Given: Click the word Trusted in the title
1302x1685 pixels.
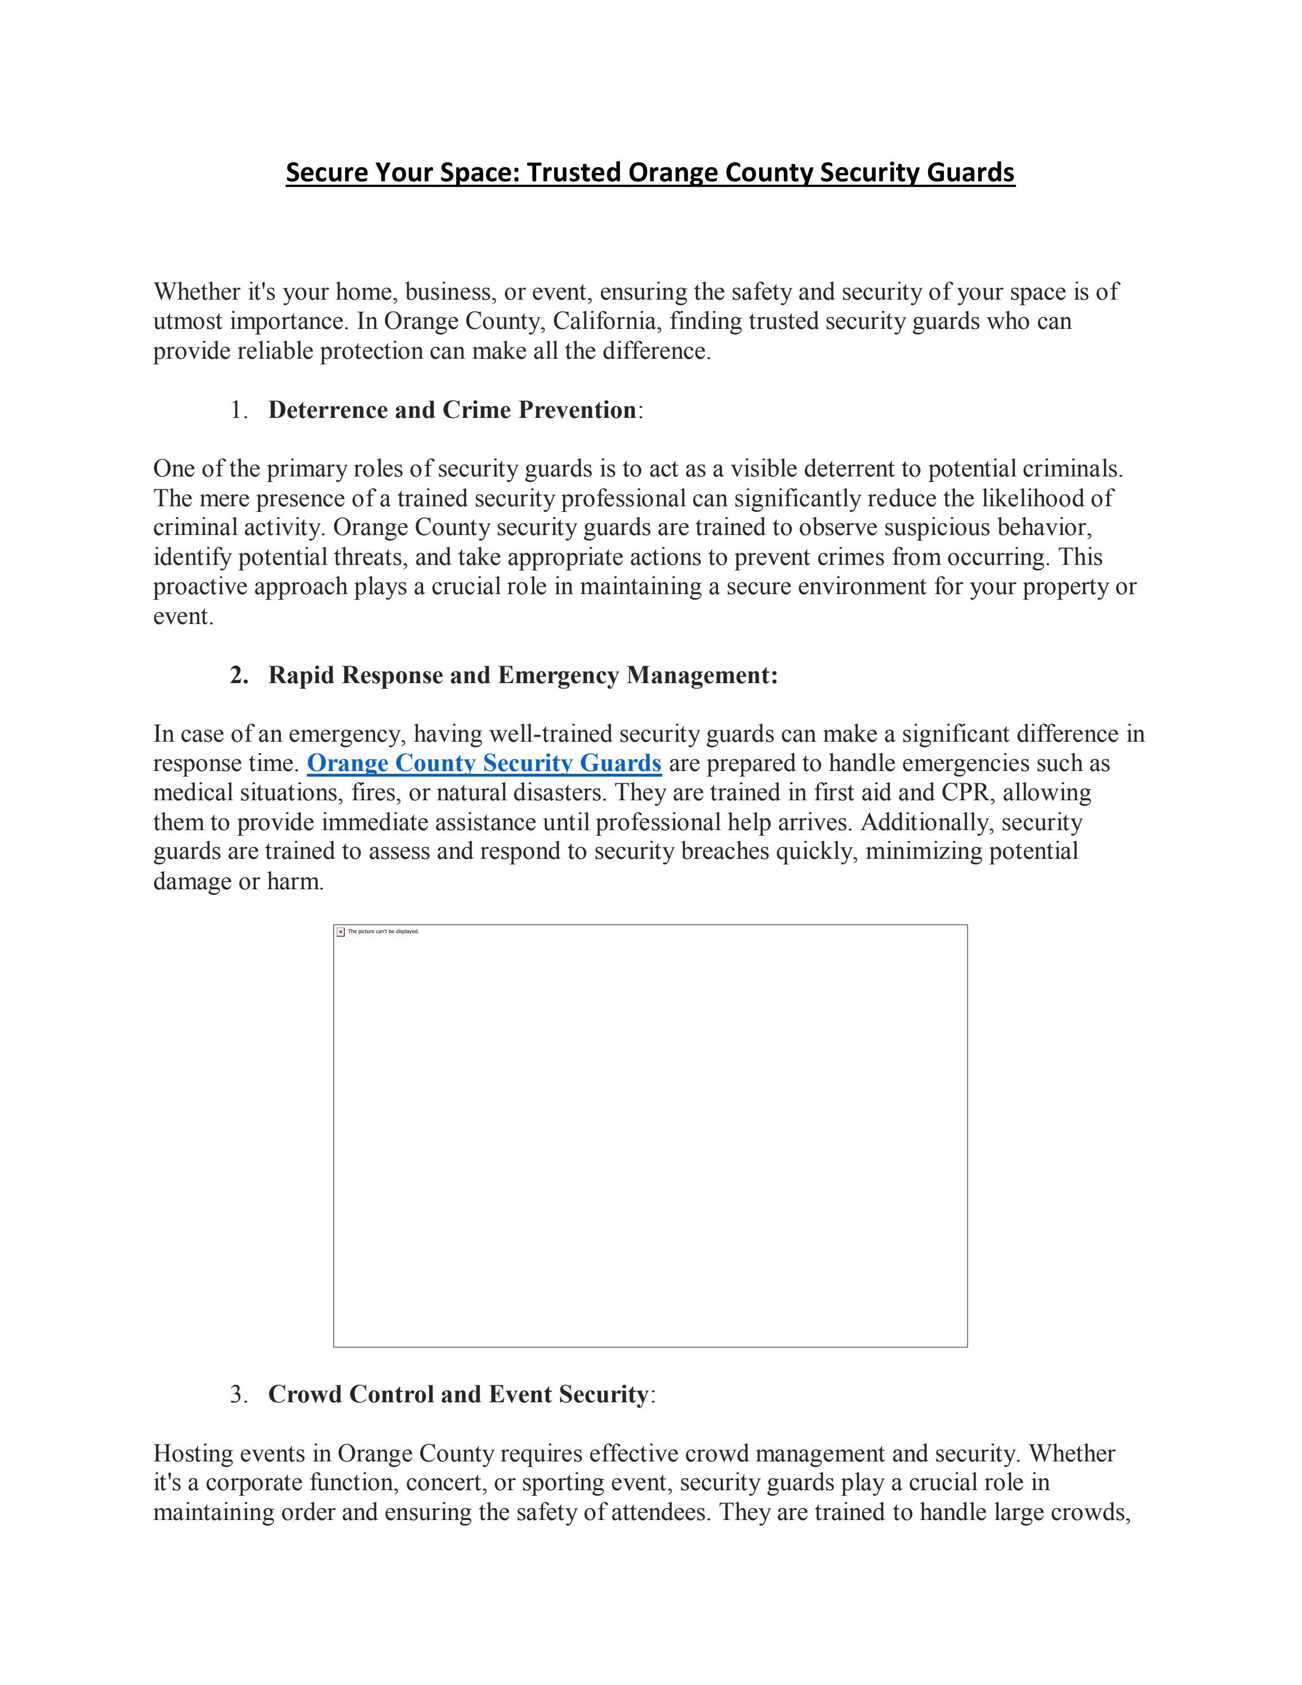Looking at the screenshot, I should pos(574,172).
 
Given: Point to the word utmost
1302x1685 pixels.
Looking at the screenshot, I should pos(188,321).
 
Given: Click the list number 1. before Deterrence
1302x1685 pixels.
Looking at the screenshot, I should pos(239,411).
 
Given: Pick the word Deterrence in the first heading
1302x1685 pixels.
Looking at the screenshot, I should pos(328,411).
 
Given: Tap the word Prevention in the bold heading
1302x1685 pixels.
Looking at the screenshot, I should pos(577,411).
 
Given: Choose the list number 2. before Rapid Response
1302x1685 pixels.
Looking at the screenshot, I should pos(239,676).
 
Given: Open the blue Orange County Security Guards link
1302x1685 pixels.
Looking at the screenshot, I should pos(484,764).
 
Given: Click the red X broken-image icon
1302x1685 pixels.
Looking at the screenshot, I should pos(341,932).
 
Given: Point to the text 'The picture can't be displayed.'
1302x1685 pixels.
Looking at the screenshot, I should pos(384,932).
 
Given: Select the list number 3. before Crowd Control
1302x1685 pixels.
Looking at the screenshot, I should pos(239,1395).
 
